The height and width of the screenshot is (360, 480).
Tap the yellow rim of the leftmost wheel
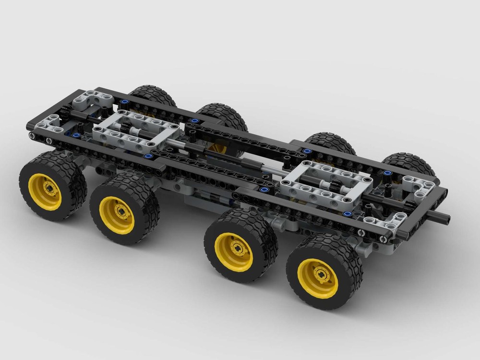coord(45,191)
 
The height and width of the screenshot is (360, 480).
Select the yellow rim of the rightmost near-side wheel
coord(318,277)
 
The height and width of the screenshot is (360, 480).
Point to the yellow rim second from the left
coord(117,215)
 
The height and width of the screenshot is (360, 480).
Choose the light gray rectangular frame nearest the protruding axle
coord(326,185)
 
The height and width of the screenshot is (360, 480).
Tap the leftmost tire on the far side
coord(153,96)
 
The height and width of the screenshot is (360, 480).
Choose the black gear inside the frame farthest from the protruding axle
coord(127,127)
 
